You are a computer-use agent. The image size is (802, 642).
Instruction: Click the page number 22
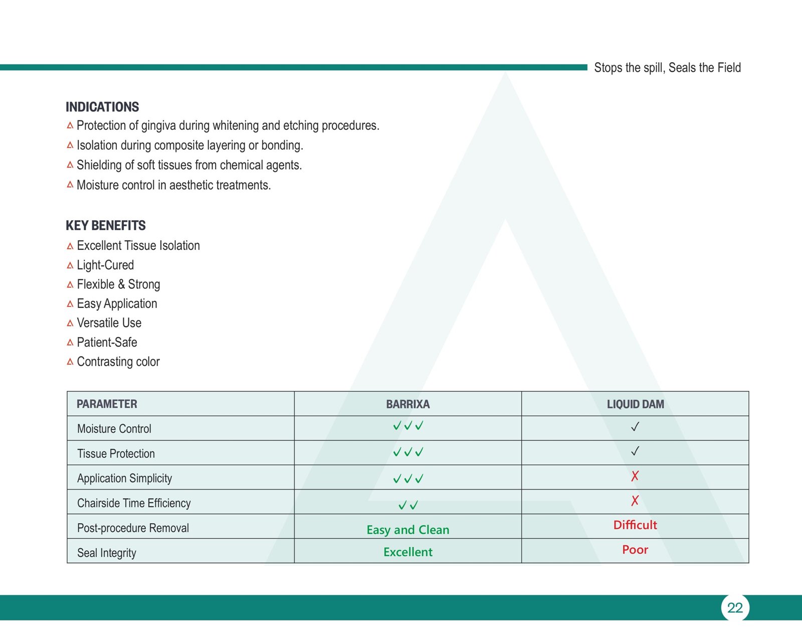point(735,608)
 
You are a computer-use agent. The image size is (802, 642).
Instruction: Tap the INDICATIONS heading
point(102,107)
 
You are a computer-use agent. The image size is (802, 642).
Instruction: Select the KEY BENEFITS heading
point(106,226)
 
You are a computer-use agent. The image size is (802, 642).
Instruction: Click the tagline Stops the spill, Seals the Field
point(667,68)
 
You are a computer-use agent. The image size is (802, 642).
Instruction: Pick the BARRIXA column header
point(408,404)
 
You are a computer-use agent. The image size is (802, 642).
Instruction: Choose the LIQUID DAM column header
point(635,404)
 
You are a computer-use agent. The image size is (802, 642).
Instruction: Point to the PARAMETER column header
point(107,404)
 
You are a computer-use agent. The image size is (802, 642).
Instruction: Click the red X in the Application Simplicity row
point(635,476)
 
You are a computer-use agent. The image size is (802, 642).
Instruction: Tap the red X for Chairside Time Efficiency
point(635,501)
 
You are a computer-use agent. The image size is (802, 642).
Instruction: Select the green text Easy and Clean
point(408,530)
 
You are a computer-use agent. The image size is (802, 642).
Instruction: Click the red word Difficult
point(635,525)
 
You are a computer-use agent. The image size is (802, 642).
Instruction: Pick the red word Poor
point(635,550)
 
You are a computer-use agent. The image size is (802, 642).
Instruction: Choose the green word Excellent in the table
point(408,552)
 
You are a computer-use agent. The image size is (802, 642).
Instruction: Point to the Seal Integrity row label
point(107,553)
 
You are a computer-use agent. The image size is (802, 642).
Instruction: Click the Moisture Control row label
point(114,429)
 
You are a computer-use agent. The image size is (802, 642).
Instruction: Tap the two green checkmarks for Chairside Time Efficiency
point(408,505)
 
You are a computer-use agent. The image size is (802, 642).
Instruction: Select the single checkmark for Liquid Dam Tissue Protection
point(635,451)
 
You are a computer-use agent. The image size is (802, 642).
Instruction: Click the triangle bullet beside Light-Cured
point(70,265)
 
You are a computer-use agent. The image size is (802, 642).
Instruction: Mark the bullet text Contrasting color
point(118,362)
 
